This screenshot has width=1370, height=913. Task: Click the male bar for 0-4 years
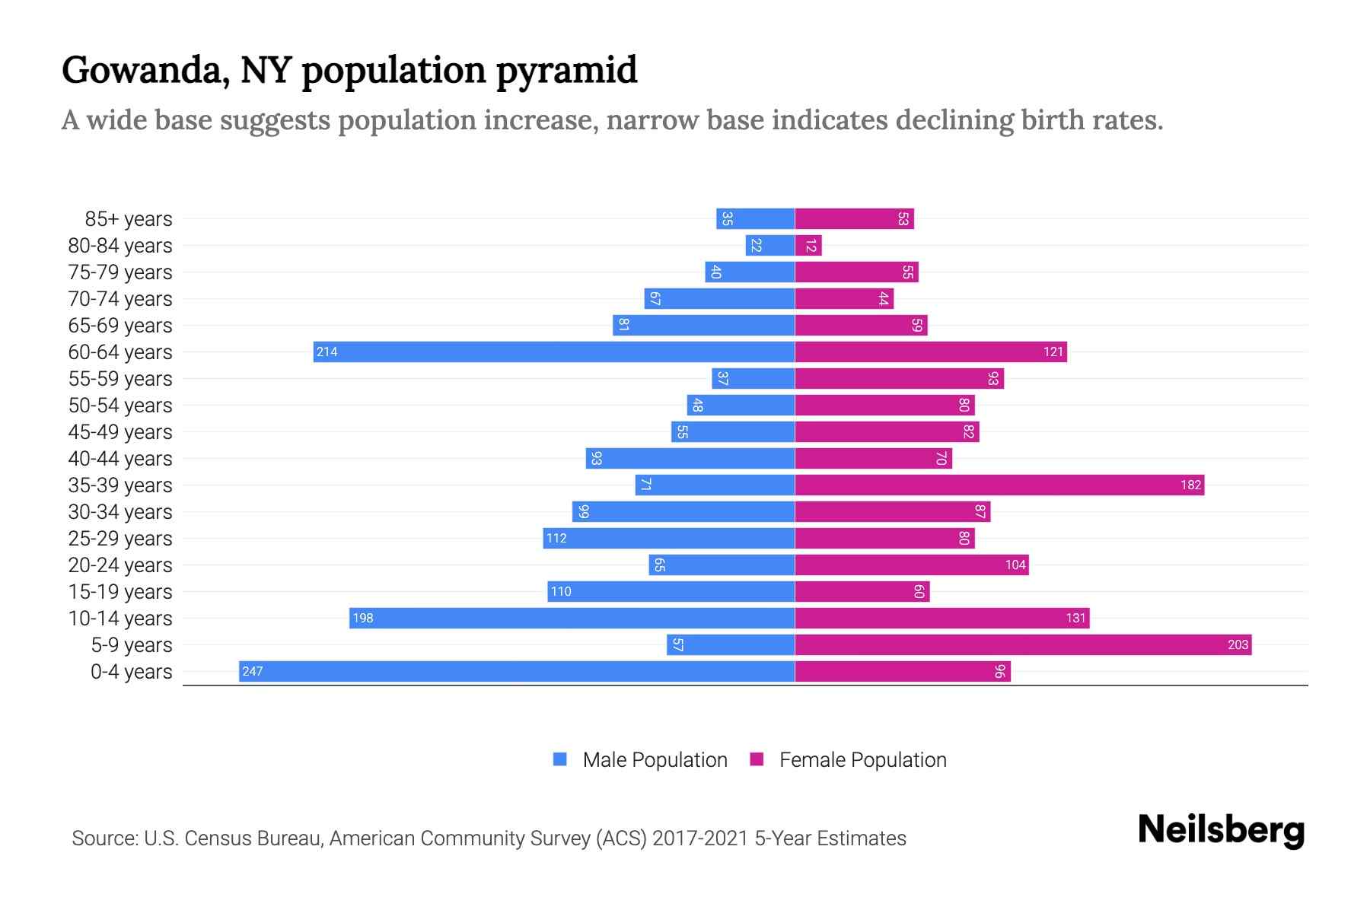tap(518, 671)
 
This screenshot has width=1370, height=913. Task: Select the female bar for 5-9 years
tap(1023, 644)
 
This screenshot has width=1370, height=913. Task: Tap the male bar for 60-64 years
tap(554, 352)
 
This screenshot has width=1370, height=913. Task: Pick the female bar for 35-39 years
tap(999, 485)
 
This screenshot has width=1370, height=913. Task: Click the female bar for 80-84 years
tap(808, 245)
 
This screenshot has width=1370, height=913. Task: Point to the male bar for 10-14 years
tap(572, 618)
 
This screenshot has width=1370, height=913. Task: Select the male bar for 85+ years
tap(755, 218)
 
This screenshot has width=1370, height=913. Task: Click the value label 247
tap(252, 671)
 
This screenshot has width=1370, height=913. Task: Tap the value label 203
tap(1238, 644)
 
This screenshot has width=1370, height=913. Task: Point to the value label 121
tap(1053, 352)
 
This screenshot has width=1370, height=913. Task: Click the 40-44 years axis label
tap(120, 458)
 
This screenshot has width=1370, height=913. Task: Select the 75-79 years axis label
tap(120, 272)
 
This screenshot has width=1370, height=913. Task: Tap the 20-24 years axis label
tap(120, 565)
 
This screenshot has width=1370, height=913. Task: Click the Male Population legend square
tap(560, 759)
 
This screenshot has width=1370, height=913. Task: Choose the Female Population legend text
tap(862, 759)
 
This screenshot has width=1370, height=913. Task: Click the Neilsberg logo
tap(1221, 830)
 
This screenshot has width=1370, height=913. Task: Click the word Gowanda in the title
tap(145, 70)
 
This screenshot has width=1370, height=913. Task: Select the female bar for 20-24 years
tap(912, 565)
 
